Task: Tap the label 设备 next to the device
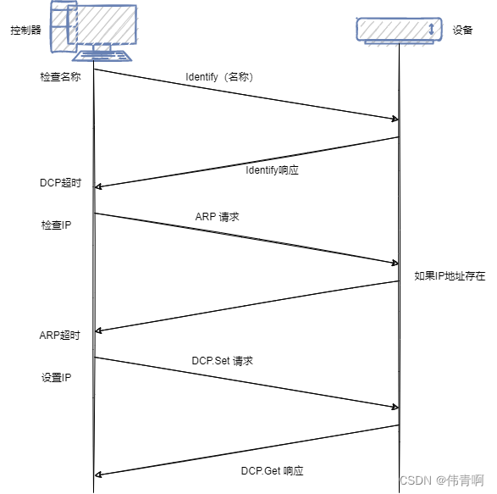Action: pyautogui.click(x=462, y=30)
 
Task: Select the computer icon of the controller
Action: pyautogui.click(x=93, y=27)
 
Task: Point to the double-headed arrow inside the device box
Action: pyautogui.click(x=432, y=30)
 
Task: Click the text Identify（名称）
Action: pyautogui.click(x=219, y=76)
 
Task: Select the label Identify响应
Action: pyautogui.click(x=272, y=169)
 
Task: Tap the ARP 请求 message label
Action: pyautogui.click(x=217, y=217)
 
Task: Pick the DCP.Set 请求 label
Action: pyautogui.click(x=223, y=360)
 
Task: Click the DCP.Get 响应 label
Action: pyautogui.click(x=272, y=470)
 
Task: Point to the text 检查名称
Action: pyautogui.click(x=60, y=76)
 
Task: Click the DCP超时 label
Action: pyautogui.click(x=60, y=183)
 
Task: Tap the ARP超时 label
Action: pyautogui.click(x=60, y=335)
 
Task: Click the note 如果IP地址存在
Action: pyautogui.click(x=450, y=276)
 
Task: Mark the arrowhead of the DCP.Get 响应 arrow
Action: pyautogui.click(x=98, y=475)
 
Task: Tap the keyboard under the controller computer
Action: pyautogui.click(x=103, y=56)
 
